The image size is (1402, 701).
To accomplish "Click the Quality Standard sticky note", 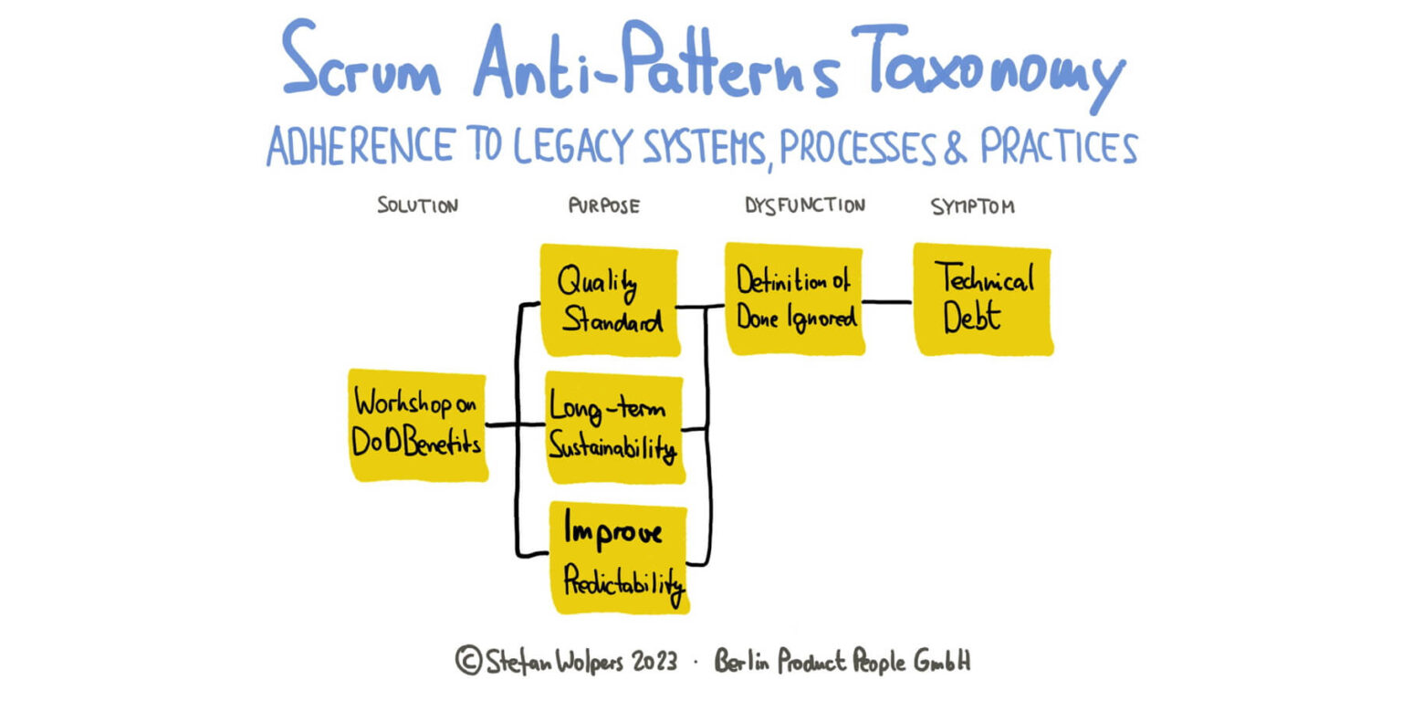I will (x=610, y=299).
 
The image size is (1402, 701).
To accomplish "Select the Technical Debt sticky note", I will (x=983, y=298).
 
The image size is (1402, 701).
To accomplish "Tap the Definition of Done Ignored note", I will (x=794, y=298).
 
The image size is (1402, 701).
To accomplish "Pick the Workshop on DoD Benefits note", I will (x=418, y=424).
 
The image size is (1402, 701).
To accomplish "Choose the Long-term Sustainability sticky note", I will (x=614, y=427).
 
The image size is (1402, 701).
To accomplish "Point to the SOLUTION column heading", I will (x=417, y=205).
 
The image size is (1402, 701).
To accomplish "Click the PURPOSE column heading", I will (x=603, y=205).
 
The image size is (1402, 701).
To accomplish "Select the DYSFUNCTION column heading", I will (x=804, y=205).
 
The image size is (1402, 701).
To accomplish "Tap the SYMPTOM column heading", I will (x=972, y=206).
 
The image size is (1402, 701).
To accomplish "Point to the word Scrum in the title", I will (x=361, y=64).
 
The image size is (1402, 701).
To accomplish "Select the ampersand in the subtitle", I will (x=955, y=148).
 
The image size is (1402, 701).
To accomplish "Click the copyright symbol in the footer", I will (x=467, y=660).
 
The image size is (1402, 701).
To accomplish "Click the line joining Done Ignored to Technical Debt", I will (x=887, y=302).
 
